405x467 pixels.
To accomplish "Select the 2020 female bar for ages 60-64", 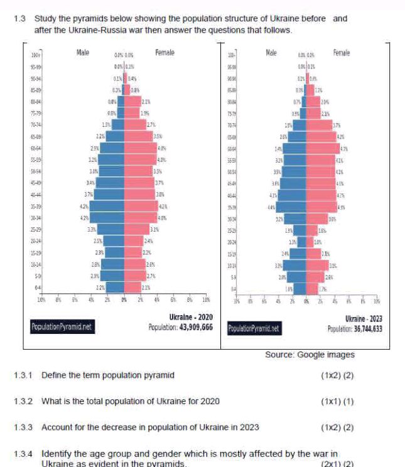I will pos(141,148).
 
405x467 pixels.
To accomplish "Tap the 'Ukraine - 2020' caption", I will pos(191,317).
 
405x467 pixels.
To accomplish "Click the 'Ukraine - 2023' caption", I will pos(364,319).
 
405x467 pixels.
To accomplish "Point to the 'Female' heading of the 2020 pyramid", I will pos(165,53).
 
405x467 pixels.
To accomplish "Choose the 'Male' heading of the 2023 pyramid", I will pos(271,53).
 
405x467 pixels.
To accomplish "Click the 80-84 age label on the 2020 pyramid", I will pos(36,101).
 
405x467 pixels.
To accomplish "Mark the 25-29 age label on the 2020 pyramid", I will pos(36,230).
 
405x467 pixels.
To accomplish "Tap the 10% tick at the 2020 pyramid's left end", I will pos(41,300).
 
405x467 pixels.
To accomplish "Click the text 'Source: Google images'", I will pos(310,355).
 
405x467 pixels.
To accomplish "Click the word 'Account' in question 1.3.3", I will pos(56,427).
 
